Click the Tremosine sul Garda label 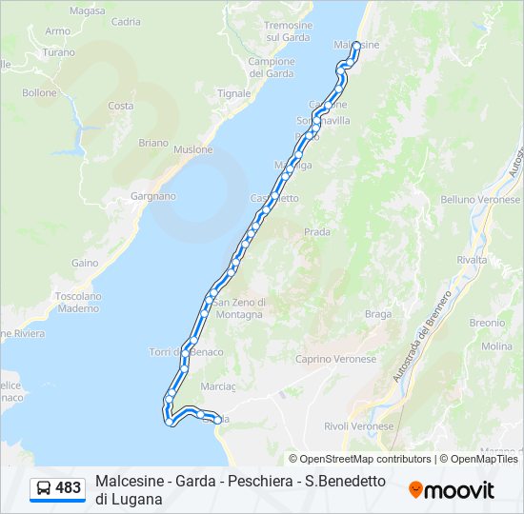click(x=287, y=31)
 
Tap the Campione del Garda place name click(x=272, y=68)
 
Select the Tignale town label click(x=233, y=93)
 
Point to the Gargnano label click(x=153, y=196)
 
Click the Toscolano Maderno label click(x=78, y=302)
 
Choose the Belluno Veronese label click(x=480, y=200)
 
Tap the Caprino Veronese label click(x=335, y=359)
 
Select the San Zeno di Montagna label click(x=239, y=309)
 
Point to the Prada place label click(x=316, y=231)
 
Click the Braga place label click(x=378, y=314)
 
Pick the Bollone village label click(x=40, y=93)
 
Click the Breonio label click(x=486, y=323)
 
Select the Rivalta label click(x=472, y=260)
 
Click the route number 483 click(x=69, y=488)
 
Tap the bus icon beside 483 click(x=44, y=488)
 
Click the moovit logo click(x=452, y=490)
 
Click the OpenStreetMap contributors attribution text click(x=360, y=459)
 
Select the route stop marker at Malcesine click(x=356, y=45)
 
